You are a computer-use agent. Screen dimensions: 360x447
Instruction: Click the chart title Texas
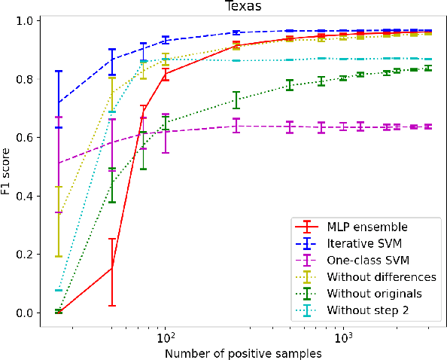click(238, 7)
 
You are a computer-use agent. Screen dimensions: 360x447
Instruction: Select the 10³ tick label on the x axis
click(342, 335)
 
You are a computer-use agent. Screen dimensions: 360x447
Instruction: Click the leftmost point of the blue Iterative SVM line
click(58, 102)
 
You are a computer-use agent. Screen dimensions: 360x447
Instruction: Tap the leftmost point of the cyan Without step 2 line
click(58, 290)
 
